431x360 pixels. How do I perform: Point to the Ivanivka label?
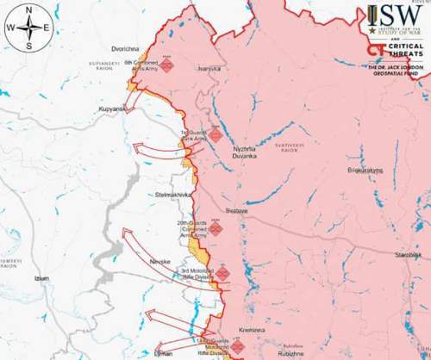coord(209,68)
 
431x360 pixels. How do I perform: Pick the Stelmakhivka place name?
coord(173,196)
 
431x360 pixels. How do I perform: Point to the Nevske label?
coord(162,259)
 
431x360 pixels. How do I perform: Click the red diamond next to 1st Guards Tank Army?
coord(215,135)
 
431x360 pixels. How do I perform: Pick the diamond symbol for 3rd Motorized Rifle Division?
coord(222,274)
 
